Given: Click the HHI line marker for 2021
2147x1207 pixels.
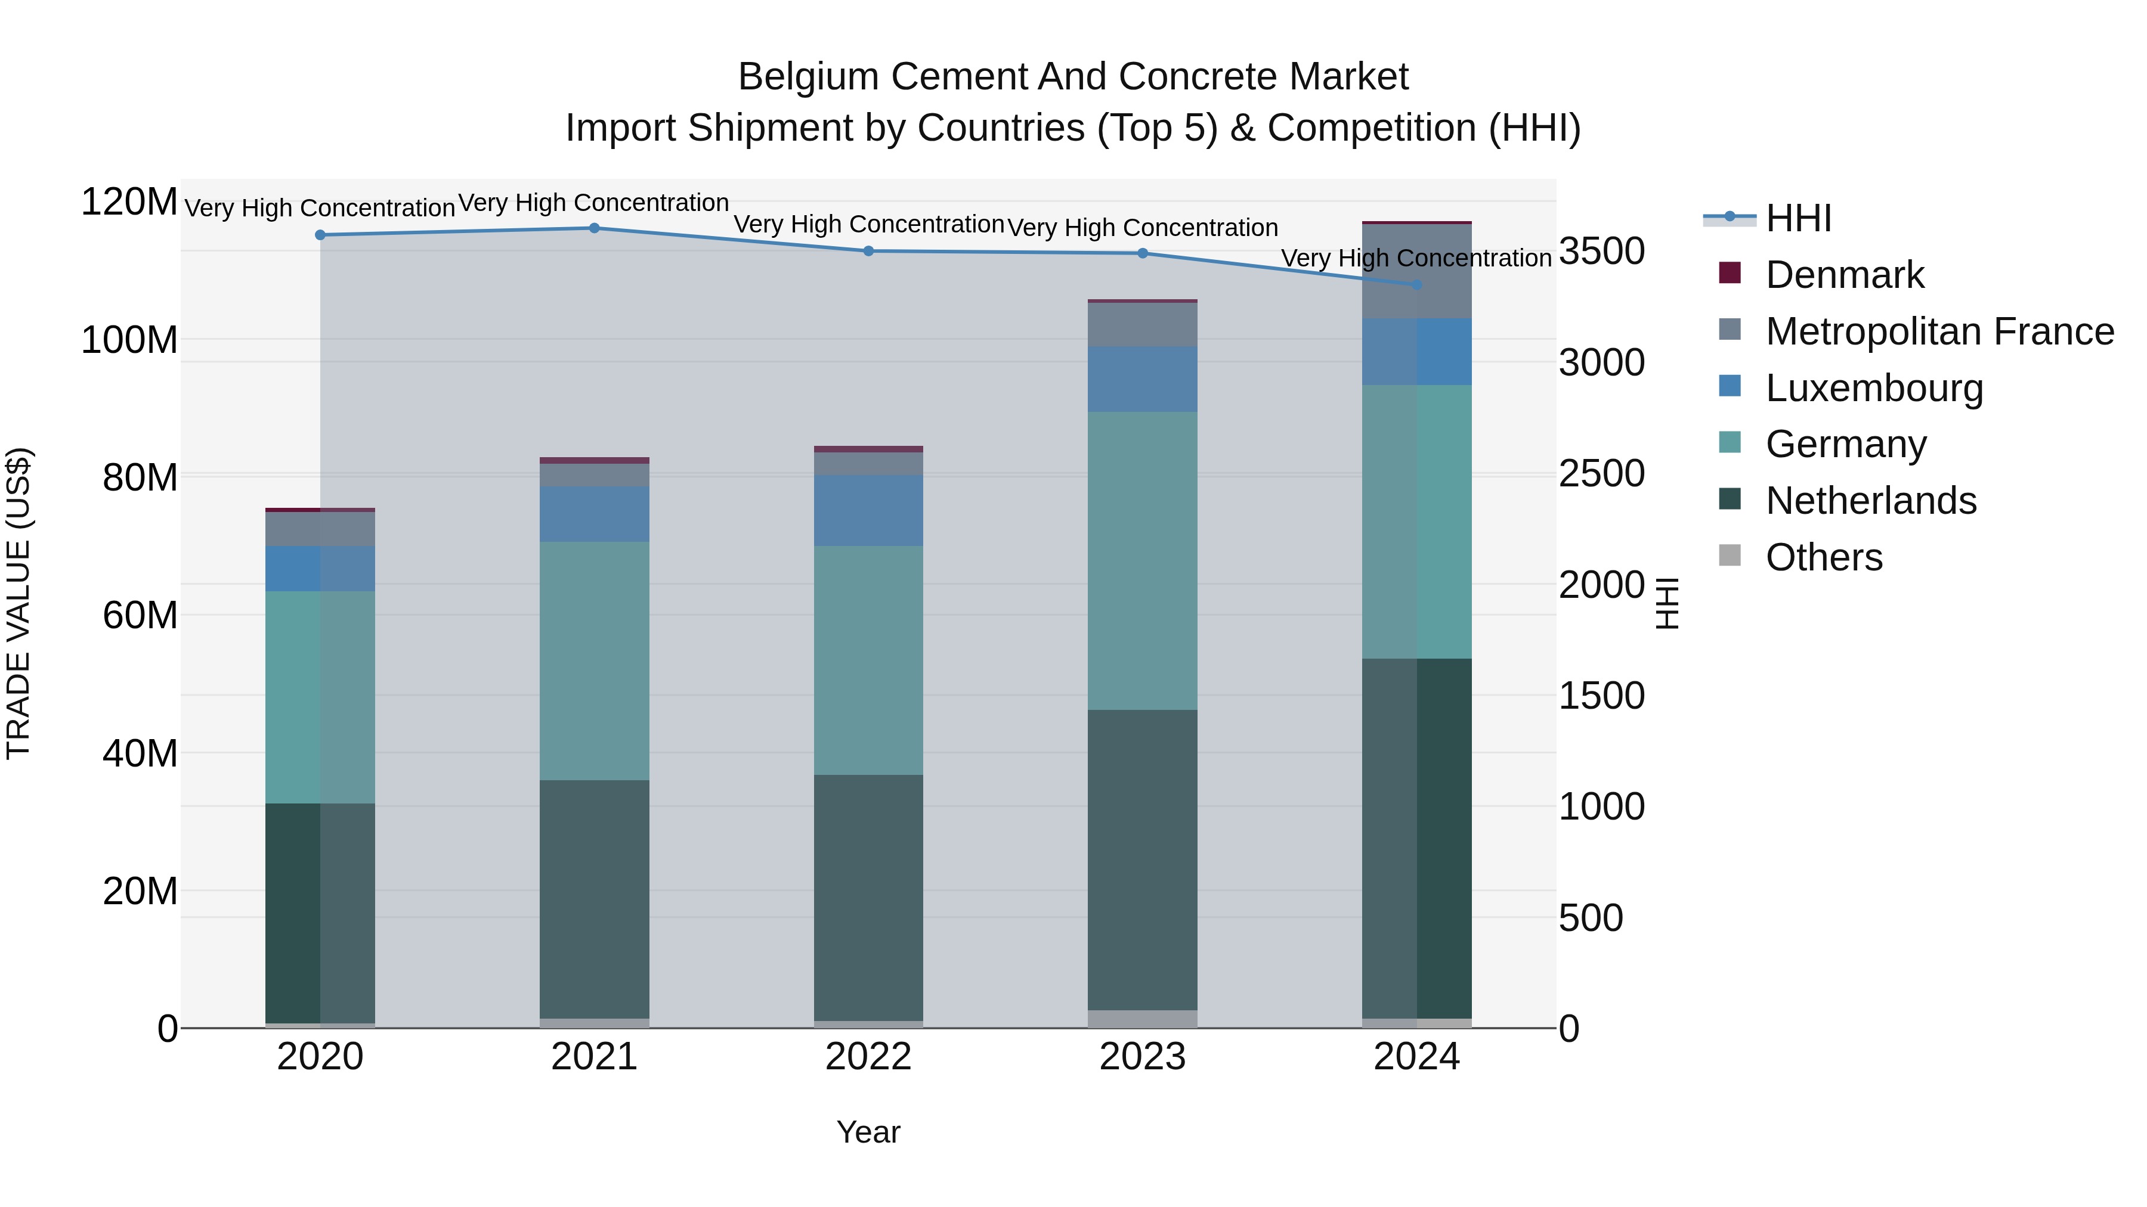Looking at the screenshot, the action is tap(594, 228).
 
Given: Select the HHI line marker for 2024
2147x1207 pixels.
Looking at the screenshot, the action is tap(1417, 285).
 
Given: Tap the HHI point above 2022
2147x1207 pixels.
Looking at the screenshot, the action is tap(868, 251).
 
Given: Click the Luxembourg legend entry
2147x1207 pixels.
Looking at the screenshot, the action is tap(1874, 388).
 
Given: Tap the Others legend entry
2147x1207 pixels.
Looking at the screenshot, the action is tap(1824, 557).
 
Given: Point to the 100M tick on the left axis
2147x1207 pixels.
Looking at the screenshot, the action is tap(129, 340).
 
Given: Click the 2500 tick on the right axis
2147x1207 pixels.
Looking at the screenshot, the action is tap(1601, 473).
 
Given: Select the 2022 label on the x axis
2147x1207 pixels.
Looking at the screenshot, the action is tap(868, 1057).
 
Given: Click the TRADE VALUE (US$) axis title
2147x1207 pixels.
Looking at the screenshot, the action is tap(19, 603).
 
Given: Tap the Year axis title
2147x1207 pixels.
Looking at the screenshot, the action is tap(868, 1132).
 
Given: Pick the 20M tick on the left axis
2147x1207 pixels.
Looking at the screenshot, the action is tap(140, 891).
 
